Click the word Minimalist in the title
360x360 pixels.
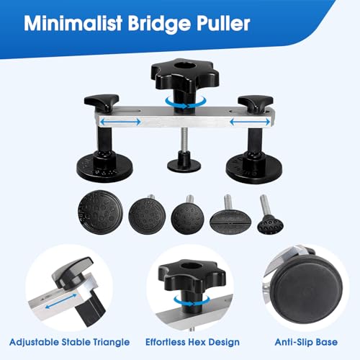pyautogui.click(x=73, y=23)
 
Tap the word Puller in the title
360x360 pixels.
pyautogui.click(x=222, y=23)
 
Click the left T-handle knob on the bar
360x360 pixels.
pyautogui.click(x=102, y=102)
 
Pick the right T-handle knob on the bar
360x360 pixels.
pyautogui.click(x=256, y=103)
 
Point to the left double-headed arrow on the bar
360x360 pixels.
pyautogui.click(x=120, y=122)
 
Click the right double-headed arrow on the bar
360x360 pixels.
pyautogui.click(x=250, y=122)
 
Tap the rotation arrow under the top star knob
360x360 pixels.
pyautogui.click(x=186, y=102)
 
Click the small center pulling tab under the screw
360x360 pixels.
pyautogui.click(x=184, y=162)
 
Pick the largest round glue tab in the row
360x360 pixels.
pyautogui.click(x=100, y=212)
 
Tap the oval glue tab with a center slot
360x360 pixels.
pyautogui.click(x=230, y=220)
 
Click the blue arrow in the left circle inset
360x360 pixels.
pyautogui.click(x=61, y=302)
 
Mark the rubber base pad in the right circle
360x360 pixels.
pyautogui.click(x=307, y=289)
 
